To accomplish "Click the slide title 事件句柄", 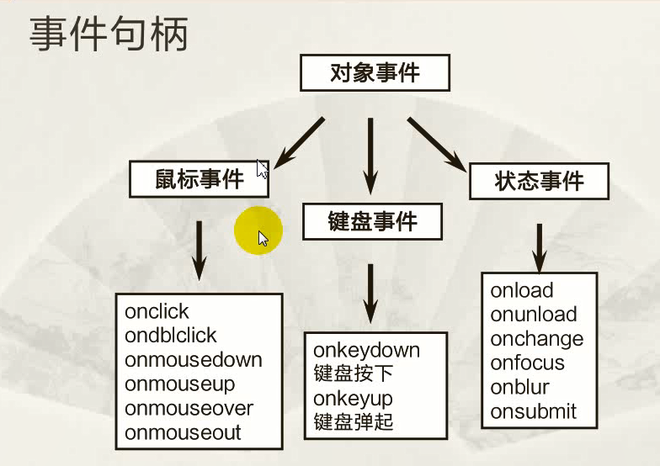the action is pyautogui.click(x=109, y=34).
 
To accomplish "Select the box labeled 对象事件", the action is pyautogui.click(x=375, y=72).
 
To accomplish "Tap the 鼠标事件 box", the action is pyautogui.click(x=199, y=179).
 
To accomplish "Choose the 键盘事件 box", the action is pyautogui.click(x=372, y=222).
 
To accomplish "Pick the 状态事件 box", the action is pyautogui.click(x=539, y=182).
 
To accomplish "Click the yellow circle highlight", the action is pyautogui.click(x=258, y=230).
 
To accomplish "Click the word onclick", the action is pyautogui.click(x=157, y=311).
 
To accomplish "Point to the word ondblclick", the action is pyautogui.click(x=170, y=336).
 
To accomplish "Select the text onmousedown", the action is pyautogui.click(x=194, y=360).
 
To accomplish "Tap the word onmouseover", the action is pyautogui.click(x=189, y=409).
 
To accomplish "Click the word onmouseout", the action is pyautogui.click(x=183, y=432).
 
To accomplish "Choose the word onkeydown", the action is pyautogui.click(x=367, y=350).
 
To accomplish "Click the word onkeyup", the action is pyautogui.click(x=353, y=399).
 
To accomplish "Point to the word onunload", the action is pyautogui.click(x=534, y=315).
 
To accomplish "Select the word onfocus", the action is pyautogui.click(x=527, y=363).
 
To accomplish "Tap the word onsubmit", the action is pyautogui.click(x=533, y=412).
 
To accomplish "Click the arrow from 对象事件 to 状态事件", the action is pyautogui.click(x=437, y=145).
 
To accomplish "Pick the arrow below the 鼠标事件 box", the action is pyautogui.click(x=199, y=251).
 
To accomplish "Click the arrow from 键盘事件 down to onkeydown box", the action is pyautogui.click(x=370, y=294).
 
